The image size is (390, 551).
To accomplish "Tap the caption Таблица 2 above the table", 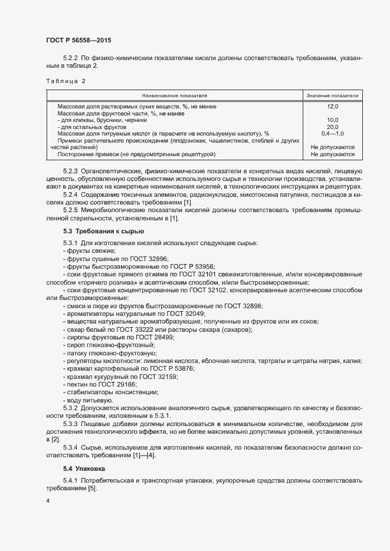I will click(x=65, y=81).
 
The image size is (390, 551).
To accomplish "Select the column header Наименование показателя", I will click(x=174, y=95).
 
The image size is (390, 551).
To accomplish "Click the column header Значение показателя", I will click(x=332, y=95).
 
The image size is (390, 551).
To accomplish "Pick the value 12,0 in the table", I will click(x=332, y=107).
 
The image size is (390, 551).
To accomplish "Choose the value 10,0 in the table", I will click(x=332, y=120).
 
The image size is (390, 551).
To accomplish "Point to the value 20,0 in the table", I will click(x=332, y=127).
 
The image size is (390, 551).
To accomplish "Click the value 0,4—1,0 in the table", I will click(x=332, y=134).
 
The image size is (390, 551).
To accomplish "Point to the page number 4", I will click(x=48, y=501).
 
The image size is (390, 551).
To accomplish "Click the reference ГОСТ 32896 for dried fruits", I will click(x=133, y=258).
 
